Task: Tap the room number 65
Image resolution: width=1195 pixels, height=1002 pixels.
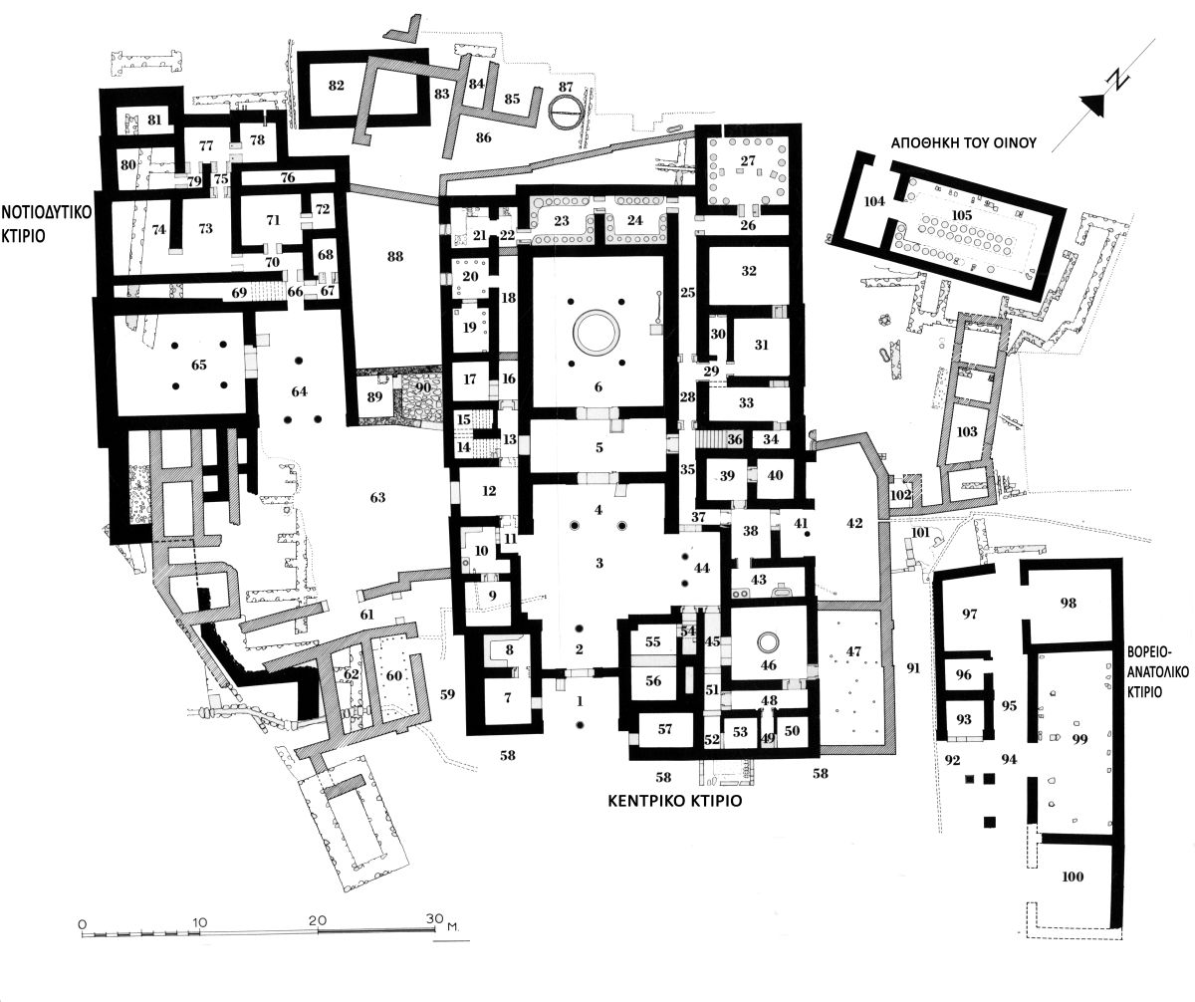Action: [x=198, y=365]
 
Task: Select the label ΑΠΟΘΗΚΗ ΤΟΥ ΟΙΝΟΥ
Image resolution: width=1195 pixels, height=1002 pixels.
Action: [x=963, y=143]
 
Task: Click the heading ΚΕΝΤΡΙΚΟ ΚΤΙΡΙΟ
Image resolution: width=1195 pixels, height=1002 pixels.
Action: [x=675, y=801]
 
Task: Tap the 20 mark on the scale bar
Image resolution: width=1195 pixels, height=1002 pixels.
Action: [x=318, y=919]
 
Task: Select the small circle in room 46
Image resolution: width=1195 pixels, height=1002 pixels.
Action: [x=768, y=642]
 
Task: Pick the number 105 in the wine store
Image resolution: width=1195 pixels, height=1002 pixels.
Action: [x=962, y=215]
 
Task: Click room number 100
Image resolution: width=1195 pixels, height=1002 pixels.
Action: [x=1073, y=877]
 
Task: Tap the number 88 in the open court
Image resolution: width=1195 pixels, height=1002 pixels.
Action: [x=395, y=256]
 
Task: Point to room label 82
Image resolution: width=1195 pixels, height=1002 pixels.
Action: [x=336, y=86]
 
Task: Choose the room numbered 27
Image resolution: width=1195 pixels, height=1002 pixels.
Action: [x=748, y=161]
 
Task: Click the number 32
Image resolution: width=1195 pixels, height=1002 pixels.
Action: [x=749, y=271]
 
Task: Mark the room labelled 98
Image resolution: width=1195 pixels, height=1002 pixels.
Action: [x=1068, y=603]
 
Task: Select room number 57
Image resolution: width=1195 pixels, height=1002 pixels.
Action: [x=664, y=729]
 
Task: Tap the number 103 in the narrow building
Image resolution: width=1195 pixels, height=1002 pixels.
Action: [x=967, y=431]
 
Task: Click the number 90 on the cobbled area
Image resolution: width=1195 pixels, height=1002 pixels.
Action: [x=422, y=387]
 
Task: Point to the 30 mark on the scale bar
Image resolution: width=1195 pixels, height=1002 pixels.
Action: [x=435, y=918]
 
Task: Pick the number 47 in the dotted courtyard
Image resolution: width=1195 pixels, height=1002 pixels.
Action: [x=853, y=651]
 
